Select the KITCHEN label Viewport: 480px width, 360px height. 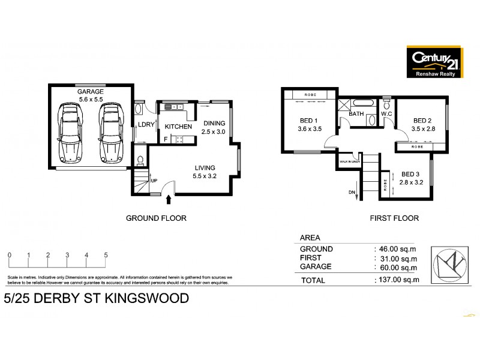click(x=178, y=127)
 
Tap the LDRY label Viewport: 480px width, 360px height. click(x=146, y=125)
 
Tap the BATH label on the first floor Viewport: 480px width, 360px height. click(x=356, y=113)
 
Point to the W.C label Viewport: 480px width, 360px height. click(x=388, y=113)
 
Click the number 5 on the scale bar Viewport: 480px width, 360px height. click(x=106, y=255)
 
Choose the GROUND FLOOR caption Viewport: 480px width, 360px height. click(x=156, y=218)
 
